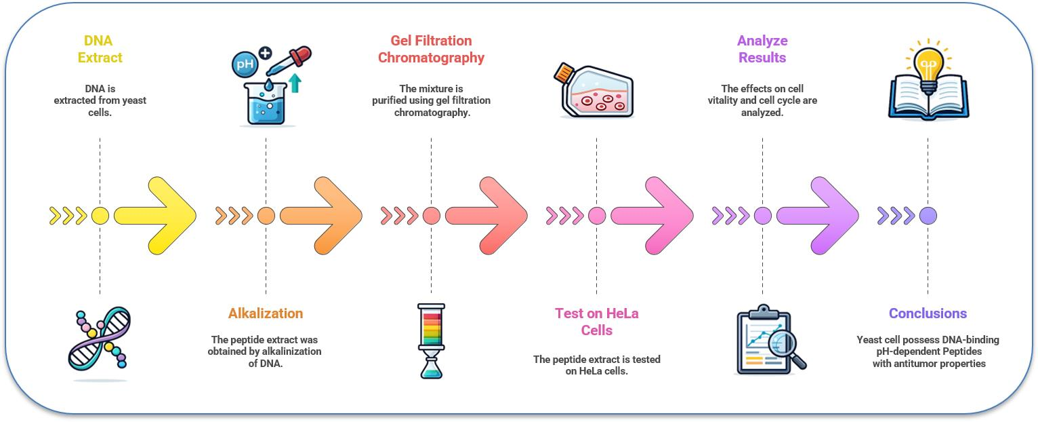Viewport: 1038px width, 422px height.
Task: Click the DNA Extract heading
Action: (x=100, y=49)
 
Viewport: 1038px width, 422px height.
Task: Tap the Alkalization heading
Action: (x=266, y=313)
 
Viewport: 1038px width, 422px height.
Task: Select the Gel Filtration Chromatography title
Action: (x=431, y=49)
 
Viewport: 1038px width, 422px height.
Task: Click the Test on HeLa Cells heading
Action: (x=596, y=322)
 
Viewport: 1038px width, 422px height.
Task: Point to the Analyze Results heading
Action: (x=762, y=49)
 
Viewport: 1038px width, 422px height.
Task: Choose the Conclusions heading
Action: (x=928, y=313)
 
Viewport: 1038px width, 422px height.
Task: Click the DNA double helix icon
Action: (x=100, y=339)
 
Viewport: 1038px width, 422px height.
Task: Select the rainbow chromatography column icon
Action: (x=431, y=339)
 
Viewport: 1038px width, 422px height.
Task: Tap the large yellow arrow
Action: (x=156, y=216)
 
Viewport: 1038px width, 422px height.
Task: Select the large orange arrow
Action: (x=321, y=216)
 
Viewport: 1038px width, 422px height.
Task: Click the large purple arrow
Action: (x=818, y=216)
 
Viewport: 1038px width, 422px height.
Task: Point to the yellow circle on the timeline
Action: (x=100, y=216)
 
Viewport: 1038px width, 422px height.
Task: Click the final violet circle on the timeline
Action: (x=928, y=216)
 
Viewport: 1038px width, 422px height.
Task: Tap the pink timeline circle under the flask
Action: (x=597, y=216)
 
